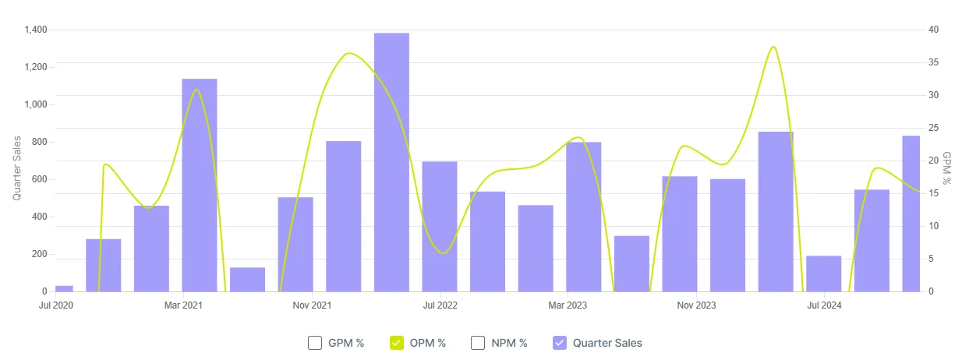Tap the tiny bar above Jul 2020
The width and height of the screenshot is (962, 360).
(x=64, y=288)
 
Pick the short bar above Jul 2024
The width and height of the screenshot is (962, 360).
(x=824, y=274)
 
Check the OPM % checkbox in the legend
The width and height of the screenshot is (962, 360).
(x=397, y=343)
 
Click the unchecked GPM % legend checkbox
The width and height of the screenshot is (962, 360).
(x=315, y=343)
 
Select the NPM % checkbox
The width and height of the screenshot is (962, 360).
(x=478, y=343)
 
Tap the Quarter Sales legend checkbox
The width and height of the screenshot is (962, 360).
(x=560, y=343)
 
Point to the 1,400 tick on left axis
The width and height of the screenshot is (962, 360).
(x=36, y=30)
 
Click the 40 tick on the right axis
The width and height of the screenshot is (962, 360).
(x=932, y=30)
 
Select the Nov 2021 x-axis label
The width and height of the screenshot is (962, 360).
(x=312, y=305)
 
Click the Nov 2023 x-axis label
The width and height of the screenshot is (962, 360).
(x=696, y=305)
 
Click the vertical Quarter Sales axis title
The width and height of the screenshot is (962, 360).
(x=16, y=168)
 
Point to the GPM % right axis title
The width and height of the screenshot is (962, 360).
(x=946, y=168)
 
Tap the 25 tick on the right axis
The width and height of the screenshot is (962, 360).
(x=932, y=128)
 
